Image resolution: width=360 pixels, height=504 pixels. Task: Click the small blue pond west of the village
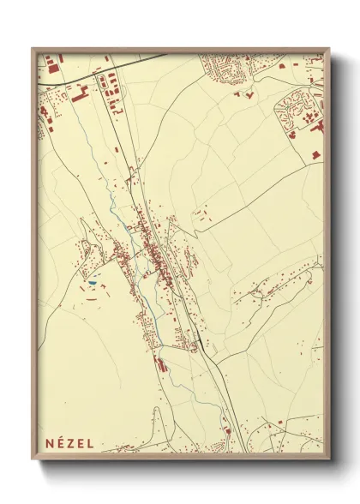tap(92, 282)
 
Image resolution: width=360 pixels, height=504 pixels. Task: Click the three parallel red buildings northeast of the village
tap(201, 213)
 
